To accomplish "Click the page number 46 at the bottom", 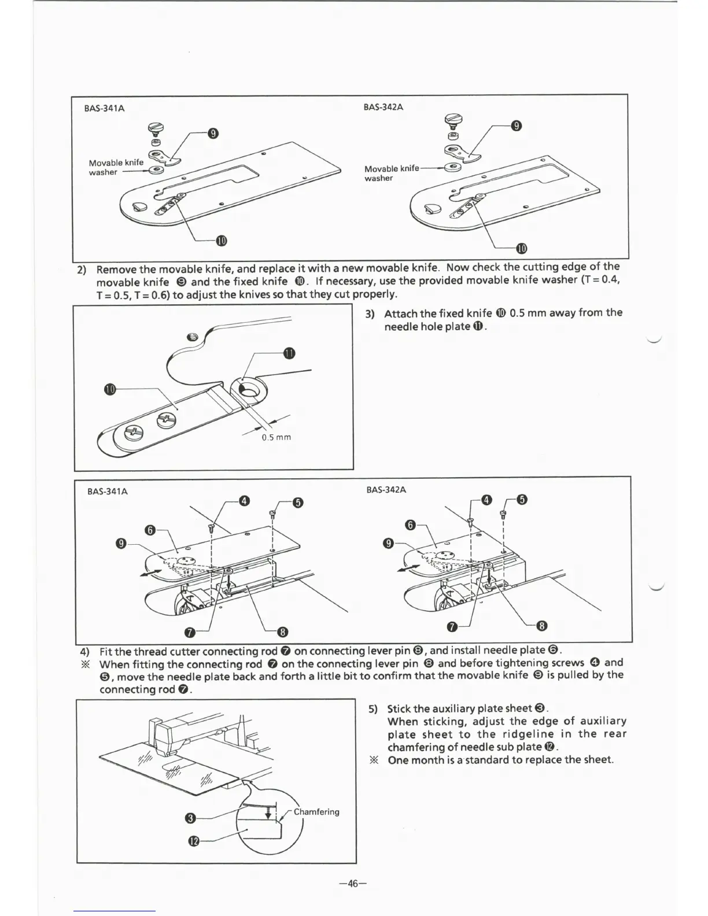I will [x=353, y=883].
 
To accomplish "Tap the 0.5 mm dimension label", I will [x=276, y=437].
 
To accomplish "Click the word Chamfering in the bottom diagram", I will [x=316, y=811].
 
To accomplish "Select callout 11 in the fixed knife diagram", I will [x=289, y=353].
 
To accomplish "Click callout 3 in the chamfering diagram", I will [x=189, y=818].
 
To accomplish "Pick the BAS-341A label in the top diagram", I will [x=104, y=108].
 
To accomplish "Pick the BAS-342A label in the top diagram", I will [x=383, y=107].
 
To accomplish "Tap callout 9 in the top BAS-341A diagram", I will [x=213, y=134].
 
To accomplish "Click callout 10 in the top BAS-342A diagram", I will [x=521, y=249].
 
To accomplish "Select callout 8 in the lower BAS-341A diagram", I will [x=283, y=631].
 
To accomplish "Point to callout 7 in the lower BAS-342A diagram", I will [x=453, y=627].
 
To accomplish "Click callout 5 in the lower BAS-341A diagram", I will [x=297, y=502].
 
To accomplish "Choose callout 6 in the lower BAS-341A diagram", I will [x=150, y=530].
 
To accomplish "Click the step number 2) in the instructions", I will [x=82, y=270].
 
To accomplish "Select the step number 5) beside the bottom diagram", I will [x=373, y=709].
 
